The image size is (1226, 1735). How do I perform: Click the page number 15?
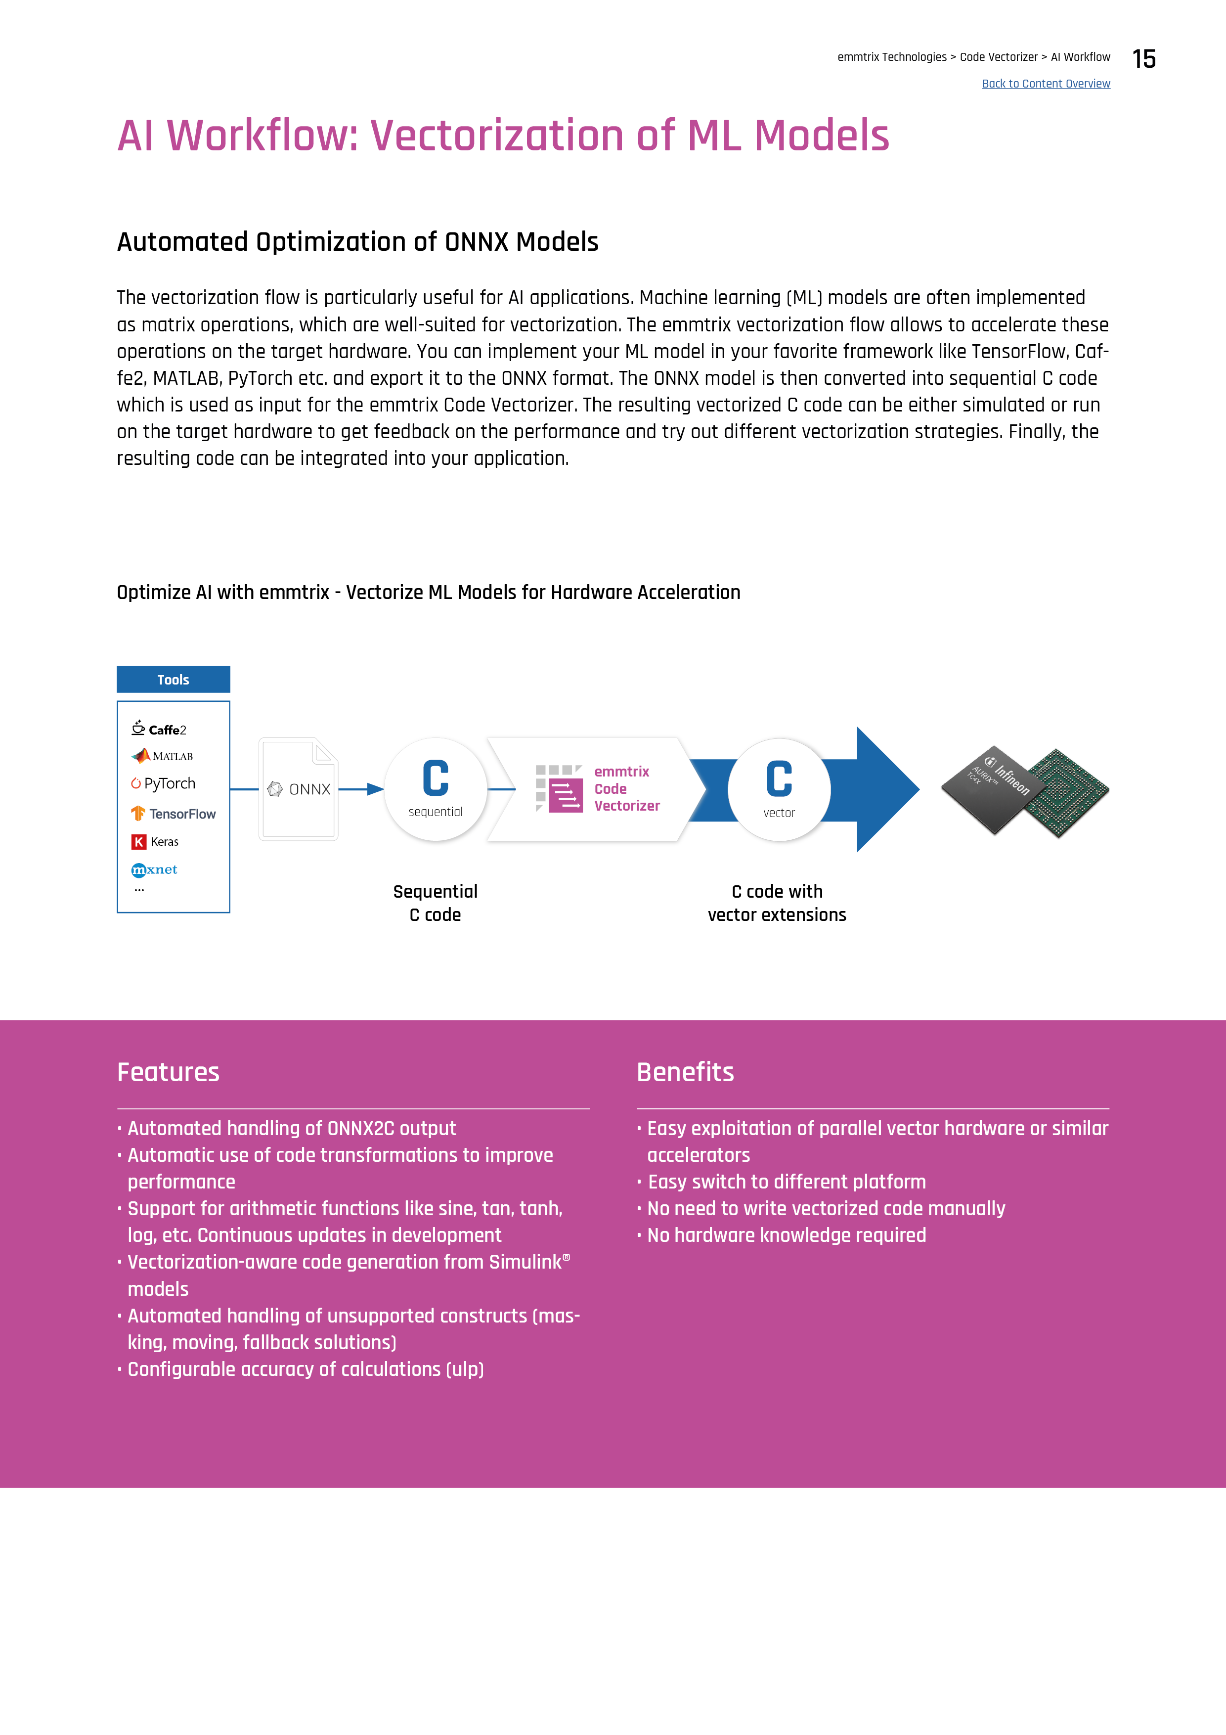[1143, 59]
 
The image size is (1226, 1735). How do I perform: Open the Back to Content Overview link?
[1046, 84]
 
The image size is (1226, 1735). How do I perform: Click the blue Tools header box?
[173, 680]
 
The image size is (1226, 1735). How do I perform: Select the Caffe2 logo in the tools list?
[159, 729]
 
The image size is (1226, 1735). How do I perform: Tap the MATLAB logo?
[163, 756]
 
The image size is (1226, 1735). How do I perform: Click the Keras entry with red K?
[156, 842]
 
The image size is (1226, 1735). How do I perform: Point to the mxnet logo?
[155, 870]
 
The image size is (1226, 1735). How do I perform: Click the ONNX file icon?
[299, 789]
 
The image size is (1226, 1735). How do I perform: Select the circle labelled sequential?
[436, 789]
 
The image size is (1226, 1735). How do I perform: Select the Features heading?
[169, 1072]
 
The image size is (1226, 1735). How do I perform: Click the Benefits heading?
[685, 1072]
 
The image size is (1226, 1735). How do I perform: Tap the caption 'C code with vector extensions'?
[777, 903]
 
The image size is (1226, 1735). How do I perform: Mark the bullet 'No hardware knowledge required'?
[787, 1235]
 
